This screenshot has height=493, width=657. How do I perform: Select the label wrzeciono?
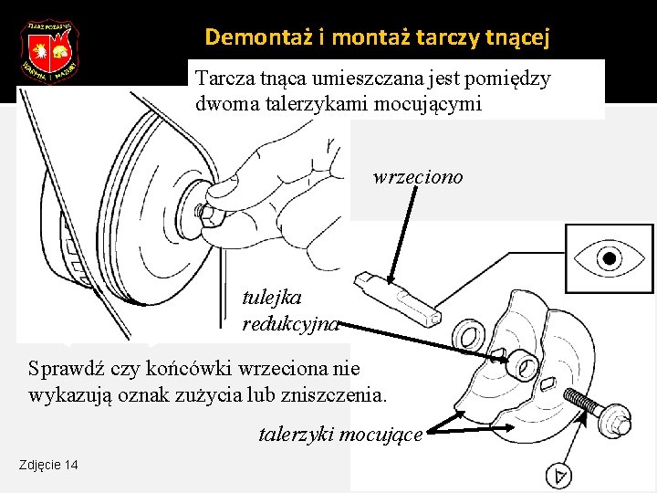(x=418, y=176)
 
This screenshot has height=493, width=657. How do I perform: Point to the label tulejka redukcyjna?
(x=289, y=309)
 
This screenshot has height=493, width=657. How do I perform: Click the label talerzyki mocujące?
(x=340, y=435)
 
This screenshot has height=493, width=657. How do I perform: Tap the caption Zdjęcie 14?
(x=48, y=466)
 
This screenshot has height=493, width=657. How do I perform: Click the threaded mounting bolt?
(x=599, y=411)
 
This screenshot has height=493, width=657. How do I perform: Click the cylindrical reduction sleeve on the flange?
(x=522, y=363)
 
